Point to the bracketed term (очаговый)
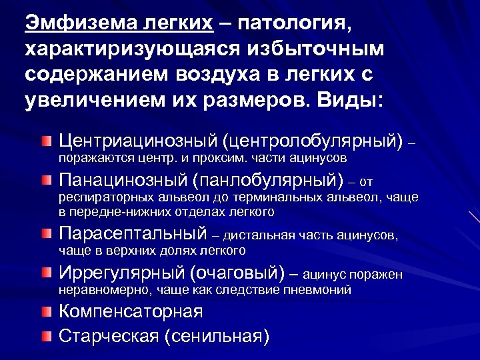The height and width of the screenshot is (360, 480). pos(237,273)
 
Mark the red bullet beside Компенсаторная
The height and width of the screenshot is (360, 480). pos(45,311)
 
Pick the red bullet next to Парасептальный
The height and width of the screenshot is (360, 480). pos(45,235)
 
